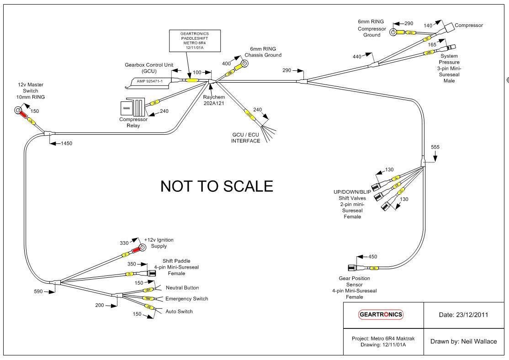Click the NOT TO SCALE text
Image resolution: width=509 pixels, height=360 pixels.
click(217, 186)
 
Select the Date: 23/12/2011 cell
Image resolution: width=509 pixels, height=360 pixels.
click(461, 315)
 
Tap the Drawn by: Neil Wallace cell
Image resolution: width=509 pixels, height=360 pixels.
click(461, 341)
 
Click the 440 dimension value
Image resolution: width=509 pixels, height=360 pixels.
click(357, 56)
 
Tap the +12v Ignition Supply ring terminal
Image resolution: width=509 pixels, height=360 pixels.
click(143, 248)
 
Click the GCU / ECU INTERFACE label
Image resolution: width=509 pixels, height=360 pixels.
click(245, 138)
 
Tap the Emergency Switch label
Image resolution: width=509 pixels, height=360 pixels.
click(186, 299)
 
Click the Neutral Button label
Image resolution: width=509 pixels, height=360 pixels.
click(182, 288)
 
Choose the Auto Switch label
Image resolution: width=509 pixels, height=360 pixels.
click(179, 312)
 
